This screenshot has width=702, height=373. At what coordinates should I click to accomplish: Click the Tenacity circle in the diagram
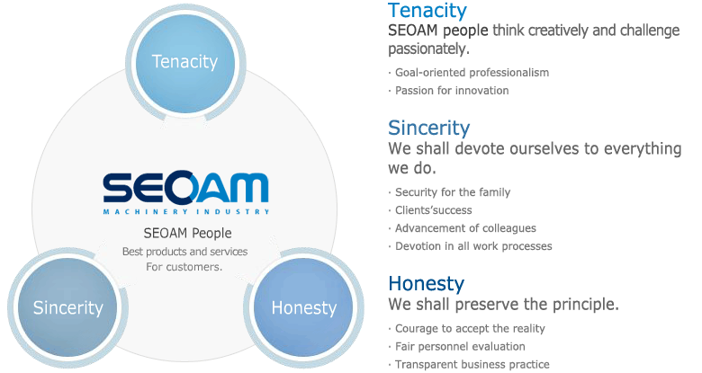(x=185, y=62)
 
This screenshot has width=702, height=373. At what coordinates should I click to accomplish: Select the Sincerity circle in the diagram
(x=67, y=307)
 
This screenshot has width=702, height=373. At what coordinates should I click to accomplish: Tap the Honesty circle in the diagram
(x=303, y=307)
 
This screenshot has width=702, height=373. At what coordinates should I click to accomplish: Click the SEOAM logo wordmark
(x=185, y=186)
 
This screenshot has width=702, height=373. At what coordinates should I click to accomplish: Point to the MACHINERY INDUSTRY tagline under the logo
(x=186, y=211)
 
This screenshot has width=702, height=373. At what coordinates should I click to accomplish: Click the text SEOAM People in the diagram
(x=187, y=233)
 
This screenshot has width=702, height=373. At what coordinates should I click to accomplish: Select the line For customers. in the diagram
(x=184, y=267)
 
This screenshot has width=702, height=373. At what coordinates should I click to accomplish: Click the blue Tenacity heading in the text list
(x=427, y=11)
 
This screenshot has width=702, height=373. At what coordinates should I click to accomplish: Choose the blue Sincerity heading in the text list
(x=429, y=129)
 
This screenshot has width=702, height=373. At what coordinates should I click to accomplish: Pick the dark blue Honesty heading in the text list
(x=427, y=284)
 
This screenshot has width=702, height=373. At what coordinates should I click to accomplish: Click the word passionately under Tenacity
(x=428, y=49)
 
